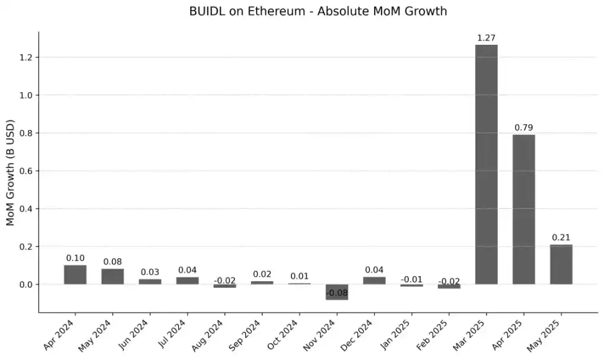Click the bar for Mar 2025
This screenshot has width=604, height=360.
coord(486,165)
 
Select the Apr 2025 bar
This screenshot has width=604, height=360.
coord(523,210)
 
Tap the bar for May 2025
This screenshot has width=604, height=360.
coord(561,264)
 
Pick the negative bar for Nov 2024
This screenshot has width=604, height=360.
coord(337,292)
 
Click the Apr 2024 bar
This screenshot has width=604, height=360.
coord(75,275)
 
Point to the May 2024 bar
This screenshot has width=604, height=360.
coord(112,277)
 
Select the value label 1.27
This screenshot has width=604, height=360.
coord(486,39)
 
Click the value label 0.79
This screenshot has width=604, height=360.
coord(523,128)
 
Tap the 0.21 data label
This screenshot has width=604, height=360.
coord(561,238)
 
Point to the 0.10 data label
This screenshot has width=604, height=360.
coord(75,258)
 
